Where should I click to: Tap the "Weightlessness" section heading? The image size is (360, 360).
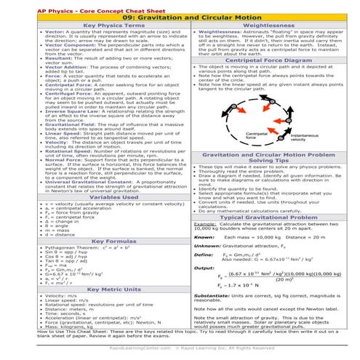268,25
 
